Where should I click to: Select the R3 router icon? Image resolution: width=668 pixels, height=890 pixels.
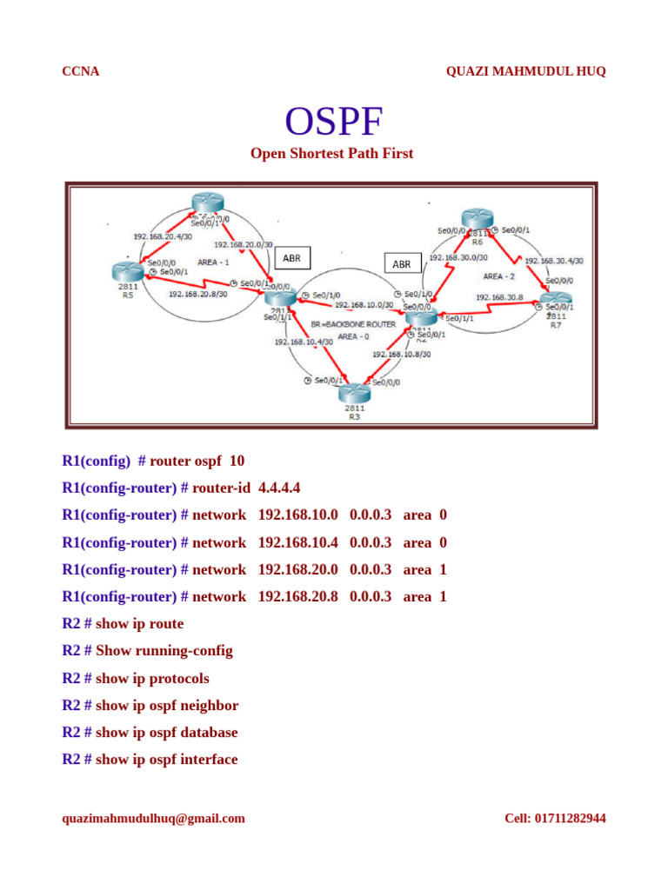354,394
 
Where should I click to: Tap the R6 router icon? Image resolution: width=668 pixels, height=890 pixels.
478,220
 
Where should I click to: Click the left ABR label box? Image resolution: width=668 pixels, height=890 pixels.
292,258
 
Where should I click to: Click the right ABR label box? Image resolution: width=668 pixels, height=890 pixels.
402,263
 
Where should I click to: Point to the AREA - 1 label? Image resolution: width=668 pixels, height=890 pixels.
213,262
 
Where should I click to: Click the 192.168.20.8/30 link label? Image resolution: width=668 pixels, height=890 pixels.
197,294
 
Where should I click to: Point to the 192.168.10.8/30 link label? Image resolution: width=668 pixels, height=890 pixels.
402,355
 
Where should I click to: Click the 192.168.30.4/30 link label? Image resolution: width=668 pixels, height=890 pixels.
554,261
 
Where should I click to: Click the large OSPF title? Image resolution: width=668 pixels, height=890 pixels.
334,123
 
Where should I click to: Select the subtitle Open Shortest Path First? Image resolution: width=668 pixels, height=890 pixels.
332,154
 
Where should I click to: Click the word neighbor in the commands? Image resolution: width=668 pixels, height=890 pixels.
208,705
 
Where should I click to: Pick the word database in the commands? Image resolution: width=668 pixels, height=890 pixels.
208,732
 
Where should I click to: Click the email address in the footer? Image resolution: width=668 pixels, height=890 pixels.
154,818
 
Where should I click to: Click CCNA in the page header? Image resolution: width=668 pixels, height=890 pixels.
81,71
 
